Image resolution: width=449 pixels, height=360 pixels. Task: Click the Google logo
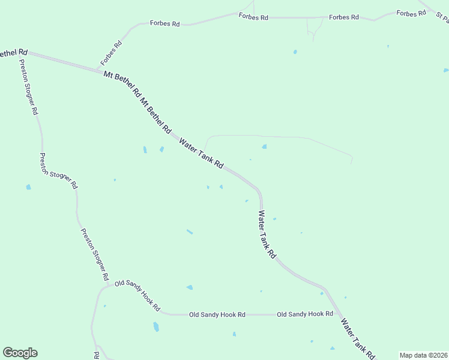pyautogui.click(x=20, y=353)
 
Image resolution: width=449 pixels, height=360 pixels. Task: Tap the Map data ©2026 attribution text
pyautogui.click(x=423, y=355)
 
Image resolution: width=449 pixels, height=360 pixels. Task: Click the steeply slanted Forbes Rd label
pyautogui.click(x=112, y=52)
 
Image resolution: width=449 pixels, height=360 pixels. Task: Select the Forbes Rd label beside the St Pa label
pyautogui.click(x=411, y=13)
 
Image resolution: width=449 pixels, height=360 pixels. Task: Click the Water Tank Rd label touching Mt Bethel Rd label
pyautogui.click(x=202, y=153)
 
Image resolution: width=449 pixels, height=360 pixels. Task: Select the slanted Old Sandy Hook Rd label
pyautogui.click(x=137, y=295)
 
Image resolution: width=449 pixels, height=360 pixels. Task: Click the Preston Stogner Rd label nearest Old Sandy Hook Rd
pyautogui.click(x=95, y=254)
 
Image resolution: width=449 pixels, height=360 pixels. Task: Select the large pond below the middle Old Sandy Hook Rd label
pyautogui.click(x=156, y=327)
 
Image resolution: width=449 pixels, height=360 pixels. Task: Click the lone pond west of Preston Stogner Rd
pyautogui.click(x=28, y=187)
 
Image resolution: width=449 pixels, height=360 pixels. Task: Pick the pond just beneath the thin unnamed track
pyautogui.click(x=264, y=146)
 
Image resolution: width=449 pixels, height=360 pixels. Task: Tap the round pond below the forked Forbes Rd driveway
pyautogui.click(x=295, y=52)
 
